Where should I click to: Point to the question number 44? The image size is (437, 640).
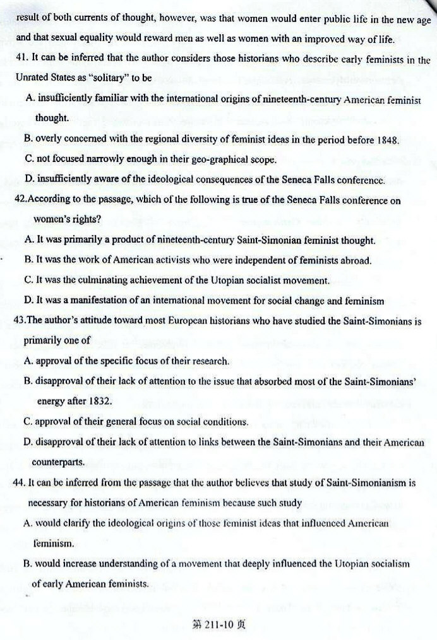tap(19, 483)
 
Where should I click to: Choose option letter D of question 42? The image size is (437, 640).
tap(28, 301)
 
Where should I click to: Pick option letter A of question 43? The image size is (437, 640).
tap(28, 361)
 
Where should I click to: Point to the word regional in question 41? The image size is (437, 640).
tap(150, 139)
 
